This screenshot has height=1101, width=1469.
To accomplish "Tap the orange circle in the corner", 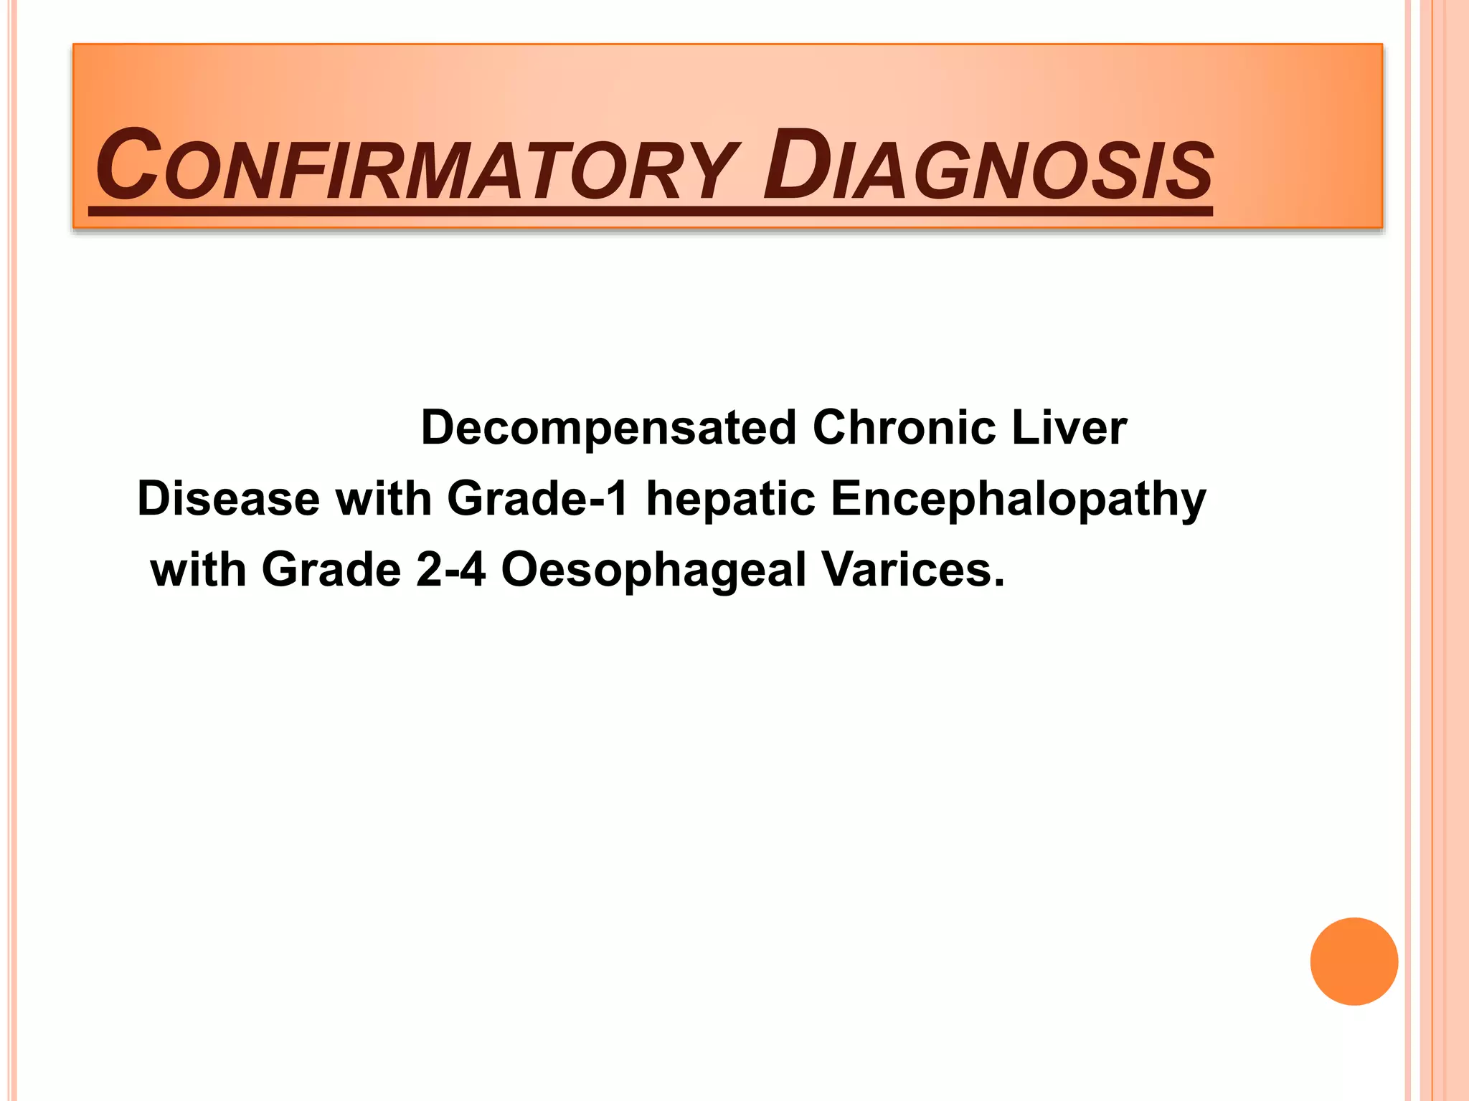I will click(x=1354, y=961).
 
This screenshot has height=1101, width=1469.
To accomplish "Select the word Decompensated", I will click(x=608, y=428).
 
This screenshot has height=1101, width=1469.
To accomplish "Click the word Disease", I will click(x=228, y=499).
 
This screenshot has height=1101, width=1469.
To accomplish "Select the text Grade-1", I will click(x=538, y=499).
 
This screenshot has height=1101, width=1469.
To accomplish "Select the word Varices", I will click(x=906, y=570).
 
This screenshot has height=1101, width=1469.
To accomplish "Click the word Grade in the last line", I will click(x=331, y=570).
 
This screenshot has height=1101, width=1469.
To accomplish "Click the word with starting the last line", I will click(x=199, y=570).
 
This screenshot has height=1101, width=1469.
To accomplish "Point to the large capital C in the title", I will click(x=128, y=165).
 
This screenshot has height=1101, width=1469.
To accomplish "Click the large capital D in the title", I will click(x=795, y=165).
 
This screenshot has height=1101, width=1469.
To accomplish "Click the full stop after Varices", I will click(x=998, y=584).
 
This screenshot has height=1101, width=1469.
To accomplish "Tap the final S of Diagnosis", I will click(x=1189, y=172).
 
